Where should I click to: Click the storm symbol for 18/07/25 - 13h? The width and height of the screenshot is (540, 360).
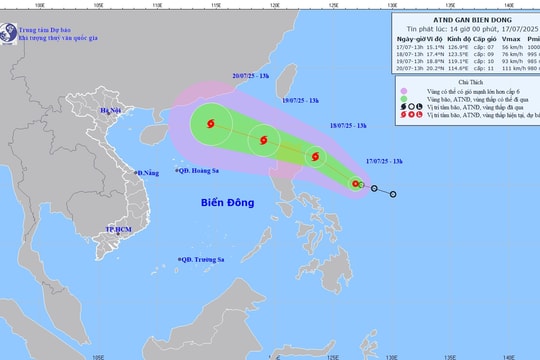tap(316, 156)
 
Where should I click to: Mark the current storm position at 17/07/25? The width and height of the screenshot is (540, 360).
tap(355, 183)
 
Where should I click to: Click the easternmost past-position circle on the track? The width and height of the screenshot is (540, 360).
tap(393, 194)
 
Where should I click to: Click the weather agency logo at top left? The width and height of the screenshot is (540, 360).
tap(9, 31)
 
